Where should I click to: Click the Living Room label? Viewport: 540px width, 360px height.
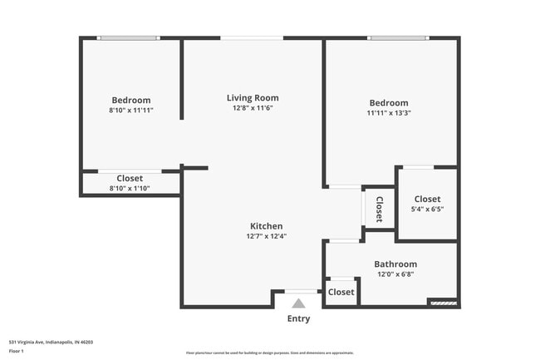(x=253, y=97)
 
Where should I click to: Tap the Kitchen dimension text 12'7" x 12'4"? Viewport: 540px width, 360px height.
(x=266, y=237)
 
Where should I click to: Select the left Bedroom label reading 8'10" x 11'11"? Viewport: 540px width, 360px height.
(x=131, y=110)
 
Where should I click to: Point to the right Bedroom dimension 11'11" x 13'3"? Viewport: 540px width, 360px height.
(x=389, y=114)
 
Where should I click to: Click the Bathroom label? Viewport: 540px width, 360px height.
(x=395, y=264)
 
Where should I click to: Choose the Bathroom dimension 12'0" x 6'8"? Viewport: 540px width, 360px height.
(x=395, y=274)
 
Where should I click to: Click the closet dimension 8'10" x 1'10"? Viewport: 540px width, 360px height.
(x=130, y=189)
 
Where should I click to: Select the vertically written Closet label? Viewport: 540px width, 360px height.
(x=379, y=209)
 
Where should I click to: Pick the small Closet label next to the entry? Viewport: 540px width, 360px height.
(x=341, y=292)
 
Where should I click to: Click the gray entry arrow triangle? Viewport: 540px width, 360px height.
(x=298, y=303)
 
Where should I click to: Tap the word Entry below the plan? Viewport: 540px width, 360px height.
(x=298, y=319)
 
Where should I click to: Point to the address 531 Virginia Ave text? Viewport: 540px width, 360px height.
(x=51, y=341)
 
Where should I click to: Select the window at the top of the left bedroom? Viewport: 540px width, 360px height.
(x=129, y=37)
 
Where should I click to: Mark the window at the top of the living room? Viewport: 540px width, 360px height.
(x=252, y=37)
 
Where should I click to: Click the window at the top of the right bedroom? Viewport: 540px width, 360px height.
(x=400, y=37)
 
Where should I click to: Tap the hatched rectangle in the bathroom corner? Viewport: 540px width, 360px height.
(x=443, y=303)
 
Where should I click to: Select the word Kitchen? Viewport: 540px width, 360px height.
(x=267, y=226)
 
